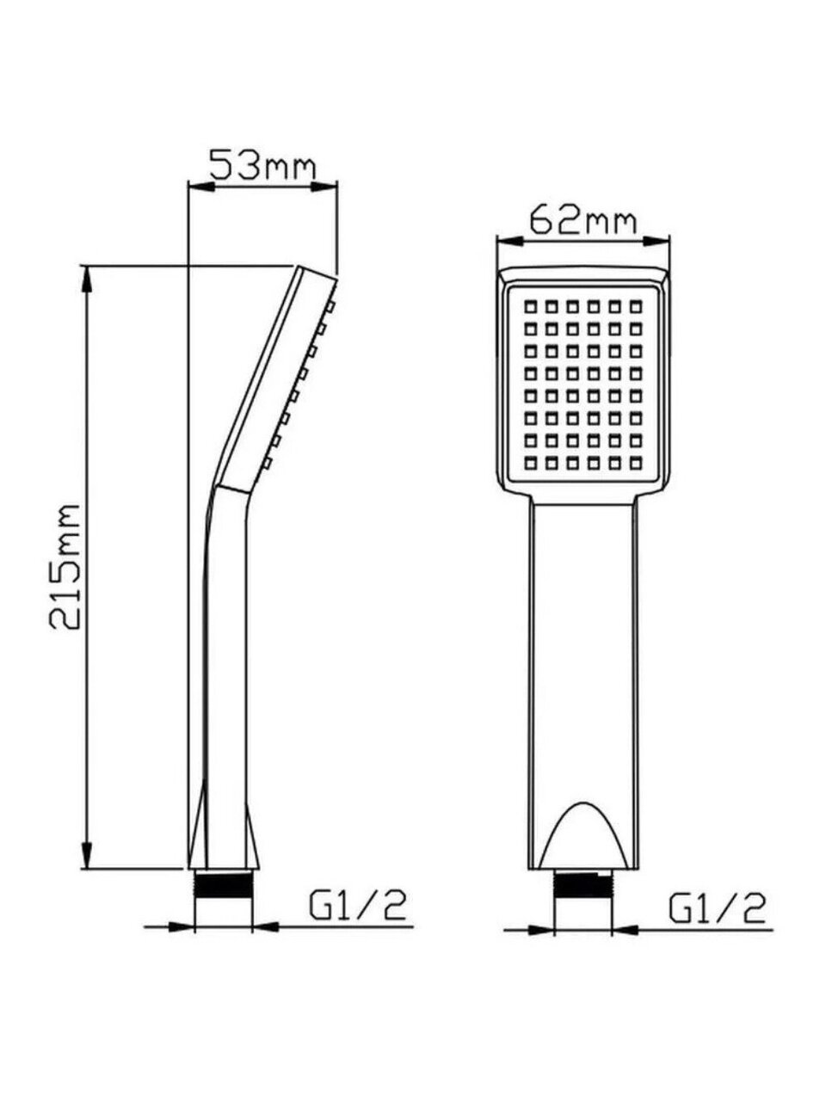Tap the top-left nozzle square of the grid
coord(530,306)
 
